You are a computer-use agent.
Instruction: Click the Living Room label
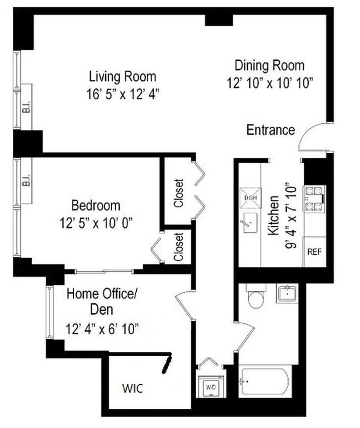coord(122,77)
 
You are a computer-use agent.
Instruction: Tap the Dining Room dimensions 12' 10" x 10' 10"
coord(270,83)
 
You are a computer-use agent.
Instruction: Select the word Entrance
coord(270,130)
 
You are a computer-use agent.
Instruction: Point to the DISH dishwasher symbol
coord(250,198)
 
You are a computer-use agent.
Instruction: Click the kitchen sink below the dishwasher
coord(250,222)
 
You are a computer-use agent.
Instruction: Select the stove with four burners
coord(314,199)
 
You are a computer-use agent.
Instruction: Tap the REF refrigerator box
coord(314,252)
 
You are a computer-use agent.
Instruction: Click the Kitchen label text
coord(274,216)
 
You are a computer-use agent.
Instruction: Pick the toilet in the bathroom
coord(256,297)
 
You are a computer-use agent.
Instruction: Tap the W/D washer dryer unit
coord(211,387)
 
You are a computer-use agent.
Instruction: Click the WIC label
coord(133,388)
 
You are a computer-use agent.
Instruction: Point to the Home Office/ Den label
coord(102,301)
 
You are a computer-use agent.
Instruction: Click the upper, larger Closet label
coord(178,193)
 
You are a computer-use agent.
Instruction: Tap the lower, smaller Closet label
coord(178,247)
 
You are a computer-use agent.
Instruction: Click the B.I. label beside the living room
coord(27,107)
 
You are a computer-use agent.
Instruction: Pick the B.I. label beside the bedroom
coord(27,180)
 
